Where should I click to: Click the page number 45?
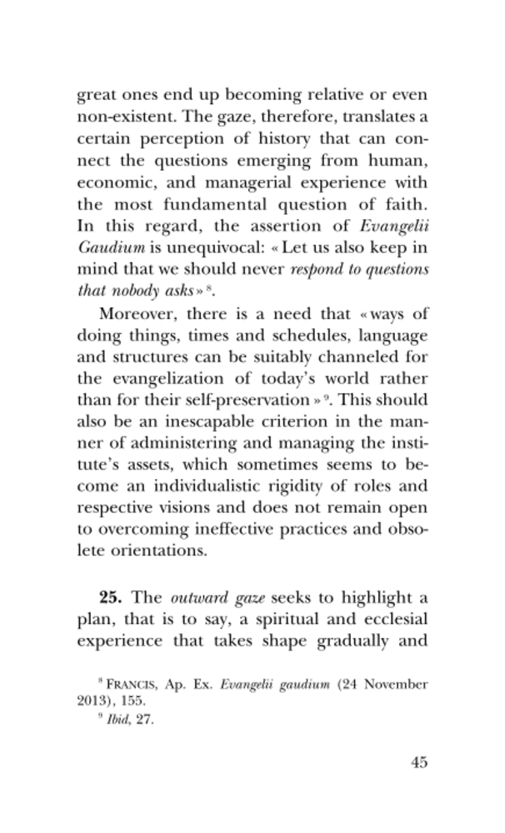point(418,762)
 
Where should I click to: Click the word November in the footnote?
point(396,685)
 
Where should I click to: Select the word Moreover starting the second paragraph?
point(136,313)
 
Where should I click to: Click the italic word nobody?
point(132,292)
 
